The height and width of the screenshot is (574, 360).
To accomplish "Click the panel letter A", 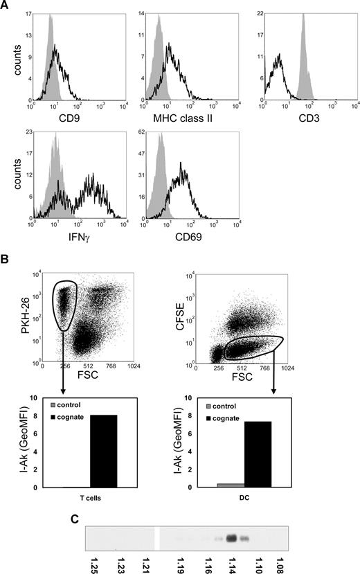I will click(6, 6).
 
